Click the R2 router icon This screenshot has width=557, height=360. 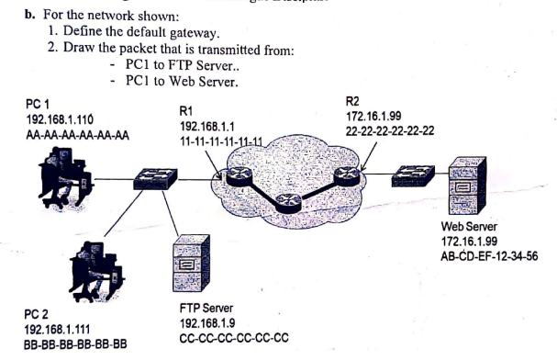[x=349, y=175]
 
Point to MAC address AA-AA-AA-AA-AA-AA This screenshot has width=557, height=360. [x=77, y=133]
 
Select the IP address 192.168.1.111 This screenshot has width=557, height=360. [x=58, y=328]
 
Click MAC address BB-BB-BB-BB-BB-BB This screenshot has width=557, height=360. [x=74, y=343]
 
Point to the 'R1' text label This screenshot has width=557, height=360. [x=187, y=110]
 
